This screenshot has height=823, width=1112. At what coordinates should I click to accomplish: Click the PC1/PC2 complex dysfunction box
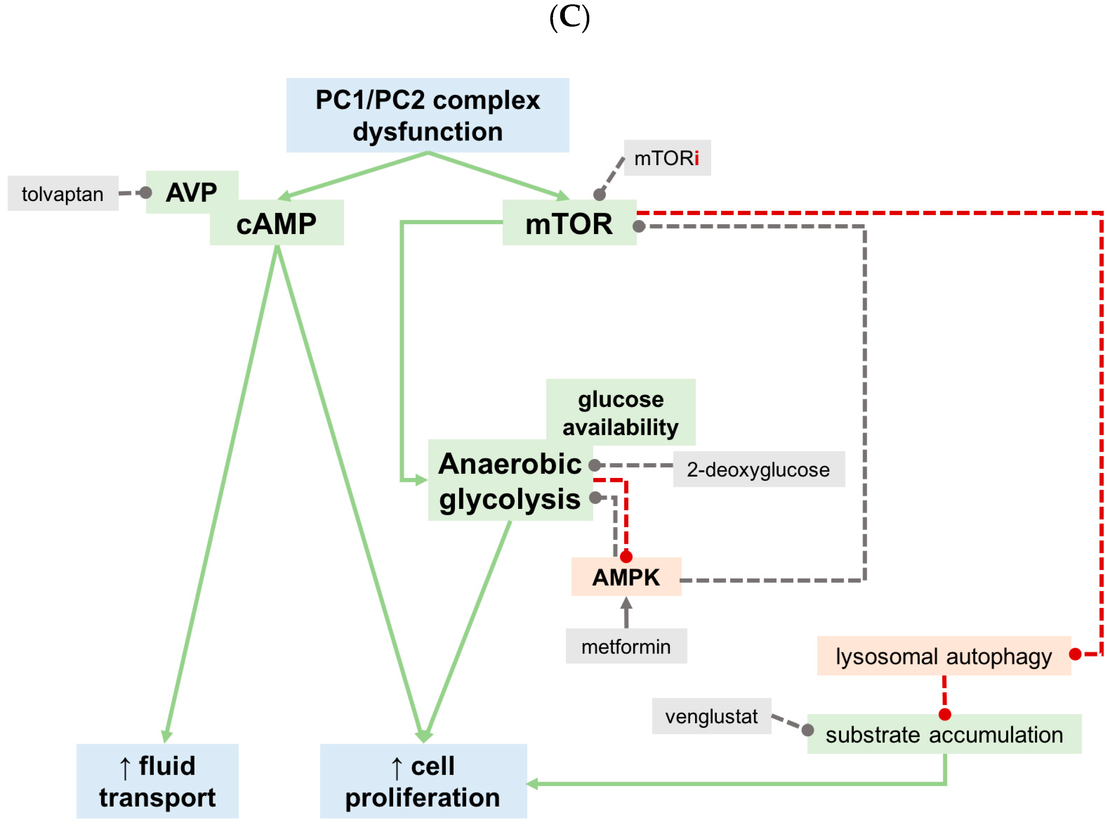click(x=427, y=115)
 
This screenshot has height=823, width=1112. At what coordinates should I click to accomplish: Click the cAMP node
click(x=277, y=224)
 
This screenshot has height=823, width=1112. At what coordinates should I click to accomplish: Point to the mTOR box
click(x=569, y=223)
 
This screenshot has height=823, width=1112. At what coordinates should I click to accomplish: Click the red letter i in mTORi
click(x=696, y=158)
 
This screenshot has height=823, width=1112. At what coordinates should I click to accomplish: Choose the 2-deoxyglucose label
click(x=758, y=469)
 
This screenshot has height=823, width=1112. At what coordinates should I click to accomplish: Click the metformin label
click(x=626, y=647)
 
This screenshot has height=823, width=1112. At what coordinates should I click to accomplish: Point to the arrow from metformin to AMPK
click(x=626, y=613)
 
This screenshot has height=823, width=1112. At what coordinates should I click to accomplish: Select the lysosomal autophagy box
click(x=943, y=656)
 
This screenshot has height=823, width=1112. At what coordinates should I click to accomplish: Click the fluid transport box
click(x=157, y=781)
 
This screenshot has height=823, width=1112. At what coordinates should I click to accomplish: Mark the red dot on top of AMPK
click(x=626, y=557)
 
